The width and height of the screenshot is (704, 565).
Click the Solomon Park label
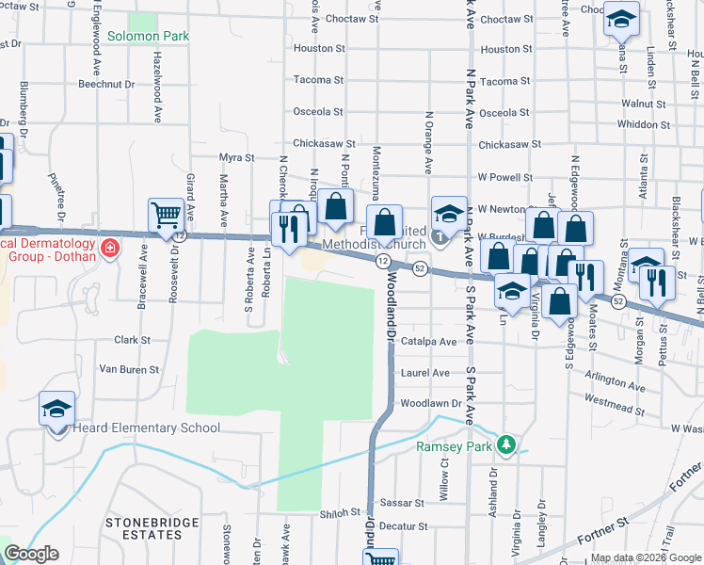(x=148, y=37)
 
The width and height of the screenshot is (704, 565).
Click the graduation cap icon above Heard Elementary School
(x=56, y=409)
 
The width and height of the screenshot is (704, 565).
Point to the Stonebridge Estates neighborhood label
(x=143, y=528)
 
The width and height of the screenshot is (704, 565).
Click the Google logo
(x=31, y=554)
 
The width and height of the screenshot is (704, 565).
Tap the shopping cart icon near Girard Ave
(x=166, y=215)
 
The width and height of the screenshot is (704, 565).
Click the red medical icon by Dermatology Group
(x=110, y=249)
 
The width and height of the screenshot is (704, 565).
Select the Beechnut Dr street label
(x=107, y=84)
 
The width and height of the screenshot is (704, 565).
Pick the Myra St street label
(x=237, y=158)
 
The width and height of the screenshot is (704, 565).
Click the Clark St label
(x=132, y=340)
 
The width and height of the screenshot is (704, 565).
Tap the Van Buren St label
(x=129, y=370)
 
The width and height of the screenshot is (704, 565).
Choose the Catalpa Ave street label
(x=428, y=342)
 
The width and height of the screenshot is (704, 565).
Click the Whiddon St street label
(x=644, y=124)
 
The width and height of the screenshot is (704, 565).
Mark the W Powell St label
(x=505, y=177)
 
